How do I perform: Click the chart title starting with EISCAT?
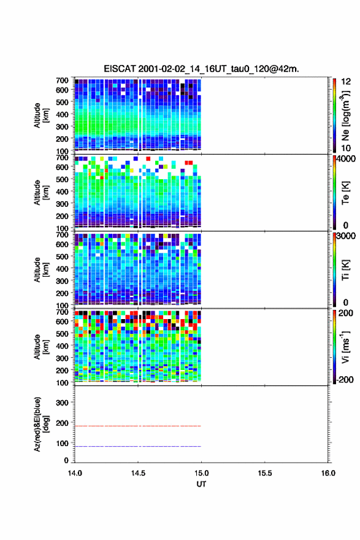tap(201, 69)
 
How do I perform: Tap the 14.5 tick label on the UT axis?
tap(138, 473)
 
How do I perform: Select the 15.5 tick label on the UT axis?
tap(265, 473)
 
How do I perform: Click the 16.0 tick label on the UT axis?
tap(328, 473)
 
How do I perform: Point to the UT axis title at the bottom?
tap(201, 484)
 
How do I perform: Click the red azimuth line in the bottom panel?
tap(137, 426)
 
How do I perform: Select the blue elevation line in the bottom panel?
tap(137, 446)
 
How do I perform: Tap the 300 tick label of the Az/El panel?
tap(62, 403)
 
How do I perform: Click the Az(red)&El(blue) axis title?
tap(41, 424)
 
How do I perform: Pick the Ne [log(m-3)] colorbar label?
tap(345, 115)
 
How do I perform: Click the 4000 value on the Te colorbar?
tap(346, 159)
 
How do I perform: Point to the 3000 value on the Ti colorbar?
tap(346, 236)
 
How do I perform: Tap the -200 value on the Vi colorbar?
tap(345, 379)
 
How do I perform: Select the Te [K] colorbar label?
tap(345, 193)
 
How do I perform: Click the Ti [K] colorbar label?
tap(345, 270)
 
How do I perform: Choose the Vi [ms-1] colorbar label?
tap(345, 347)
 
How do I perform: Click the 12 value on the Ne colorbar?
tap(346, 82)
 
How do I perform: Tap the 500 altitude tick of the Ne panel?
tap(62, 102)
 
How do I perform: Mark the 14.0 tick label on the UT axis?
tap(75, 473)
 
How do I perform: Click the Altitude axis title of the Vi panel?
tap(41, 347)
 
